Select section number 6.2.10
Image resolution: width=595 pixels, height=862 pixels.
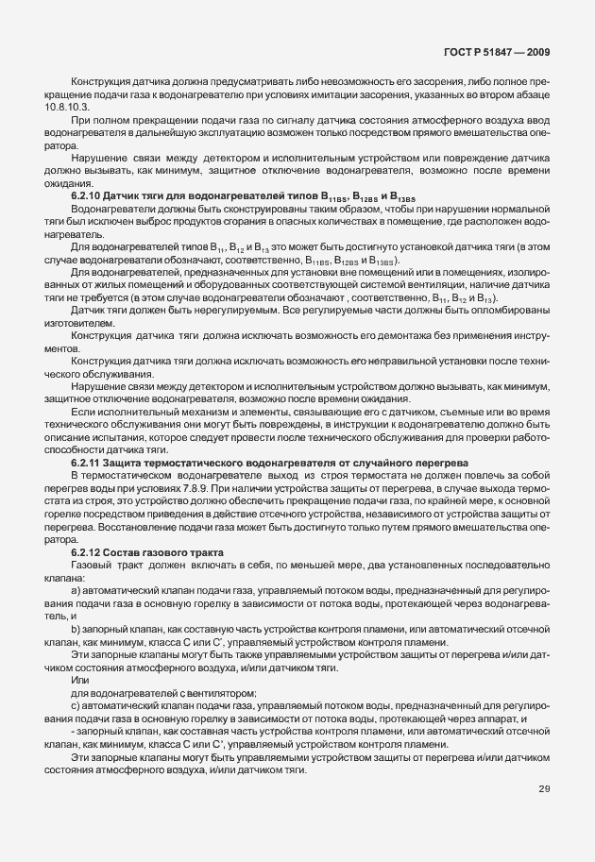87,194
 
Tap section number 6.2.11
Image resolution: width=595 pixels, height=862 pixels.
87,463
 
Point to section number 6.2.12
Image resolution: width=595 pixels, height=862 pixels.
87,551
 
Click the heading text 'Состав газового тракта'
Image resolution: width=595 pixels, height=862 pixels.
156,551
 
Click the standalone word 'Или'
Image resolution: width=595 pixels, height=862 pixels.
78,680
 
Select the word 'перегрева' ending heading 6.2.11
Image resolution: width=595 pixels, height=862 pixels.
438,463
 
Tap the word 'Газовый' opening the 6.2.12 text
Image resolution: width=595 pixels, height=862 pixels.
92,565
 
